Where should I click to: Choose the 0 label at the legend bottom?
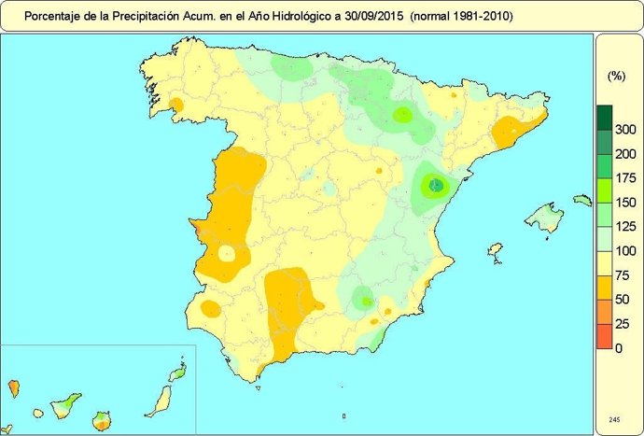619,348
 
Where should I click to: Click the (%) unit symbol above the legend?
616,76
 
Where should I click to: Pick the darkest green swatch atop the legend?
604,117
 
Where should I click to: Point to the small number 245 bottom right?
613,419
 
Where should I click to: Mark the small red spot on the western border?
195,225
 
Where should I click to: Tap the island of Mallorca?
542,218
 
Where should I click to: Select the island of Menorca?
582,200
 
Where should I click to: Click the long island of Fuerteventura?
160,399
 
